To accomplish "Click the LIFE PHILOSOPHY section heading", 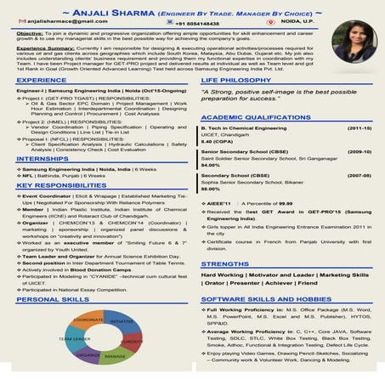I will click(235, 79).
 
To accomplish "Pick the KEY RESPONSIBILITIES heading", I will click(61, 184).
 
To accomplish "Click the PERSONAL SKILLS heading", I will click(50, 300).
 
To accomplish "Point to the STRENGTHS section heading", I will click(224, 264).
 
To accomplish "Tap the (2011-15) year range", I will click(360, 127).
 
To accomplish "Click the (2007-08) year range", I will click(360, 175).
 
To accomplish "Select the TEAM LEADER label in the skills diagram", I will click(72, 337).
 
